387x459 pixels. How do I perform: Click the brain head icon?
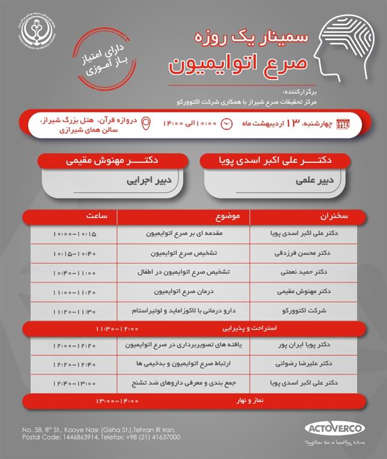click(346, 45)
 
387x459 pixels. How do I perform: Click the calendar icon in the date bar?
click(343, 124)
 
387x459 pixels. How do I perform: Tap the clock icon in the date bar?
click(227, 124)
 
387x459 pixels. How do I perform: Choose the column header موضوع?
click(183, 216)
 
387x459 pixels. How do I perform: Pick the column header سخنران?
click(303, 216)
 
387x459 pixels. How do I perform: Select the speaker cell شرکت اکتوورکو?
click(303, 311)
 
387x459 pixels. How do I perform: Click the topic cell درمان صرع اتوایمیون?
click(183, 292)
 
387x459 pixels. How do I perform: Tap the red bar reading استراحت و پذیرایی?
click(192, 329)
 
